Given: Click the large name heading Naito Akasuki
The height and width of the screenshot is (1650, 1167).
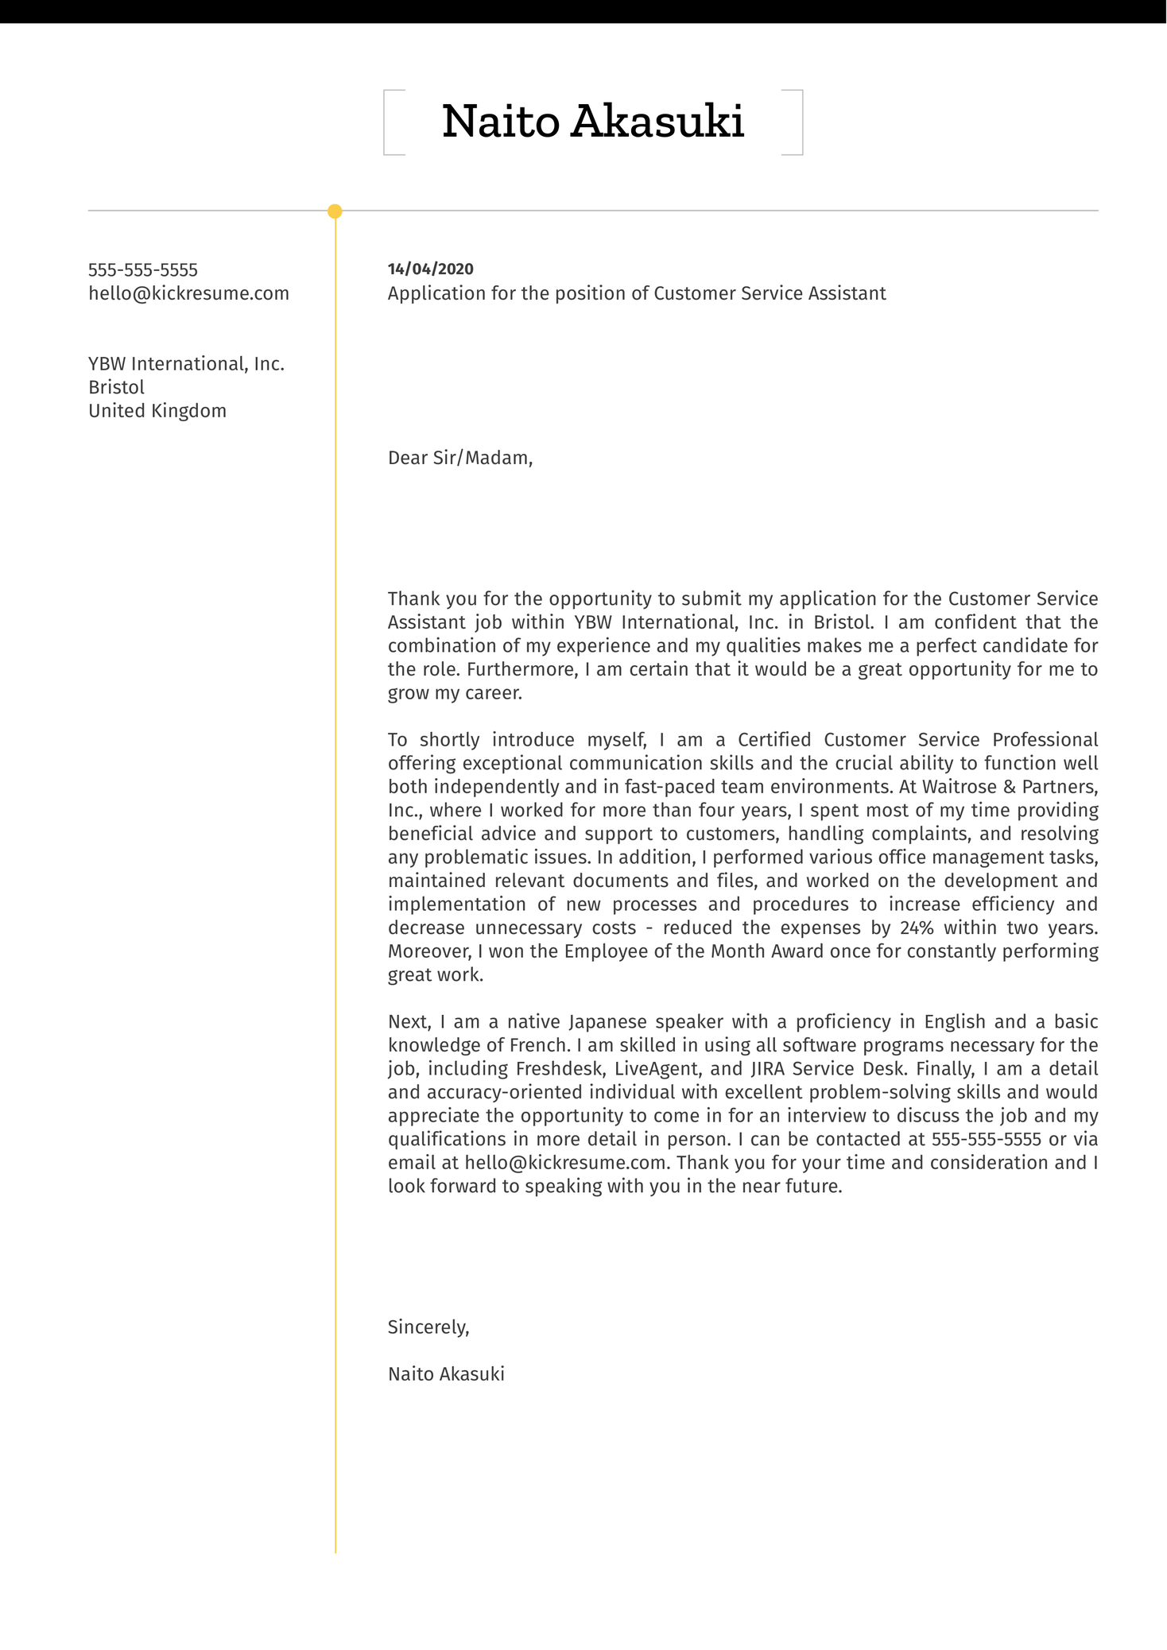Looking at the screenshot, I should pyautogui.click(x=592, y=122).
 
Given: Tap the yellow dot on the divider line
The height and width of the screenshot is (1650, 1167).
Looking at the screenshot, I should pyautogui.click(x=335, y=211).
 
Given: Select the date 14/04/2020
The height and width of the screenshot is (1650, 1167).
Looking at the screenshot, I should pyautogui.click(x=430, y=269).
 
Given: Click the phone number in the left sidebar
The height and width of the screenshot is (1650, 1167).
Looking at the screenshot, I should pyautogui.click(x=143, y=270).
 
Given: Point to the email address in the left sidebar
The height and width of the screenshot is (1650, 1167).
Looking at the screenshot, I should pyautogui.click(x=188, y=294).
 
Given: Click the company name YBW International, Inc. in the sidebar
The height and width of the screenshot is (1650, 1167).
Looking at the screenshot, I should pyautogui.click(x=186, y=364).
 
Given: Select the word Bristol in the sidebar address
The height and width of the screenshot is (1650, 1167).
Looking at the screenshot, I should pyautogui.click(x=116, y=388).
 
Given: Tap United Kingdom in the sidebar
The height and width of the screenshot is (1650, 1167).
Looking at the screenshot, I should pyautogui.click(x=157, y=411).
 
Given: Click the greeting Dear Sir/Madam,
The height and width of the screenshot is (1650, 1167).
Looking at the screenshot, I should pyautogui.click(x=459, y=458).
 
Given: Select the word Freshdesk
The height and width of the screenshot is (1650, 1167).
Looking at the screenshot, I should pyautogui.click(x=559, y=1069).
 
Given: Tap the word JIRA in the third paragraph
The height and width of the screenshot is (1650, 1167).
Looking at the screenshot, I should pyautogui.click(x=762, y=1069).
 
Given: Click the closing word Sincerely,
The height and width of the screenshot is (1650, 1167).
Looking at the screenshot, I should pyautogui.click(x=428, y=1327).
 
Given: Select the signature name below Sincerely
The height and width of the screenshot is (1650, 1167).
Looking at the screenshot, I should pyautogui.click(x=446, y=1374).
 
